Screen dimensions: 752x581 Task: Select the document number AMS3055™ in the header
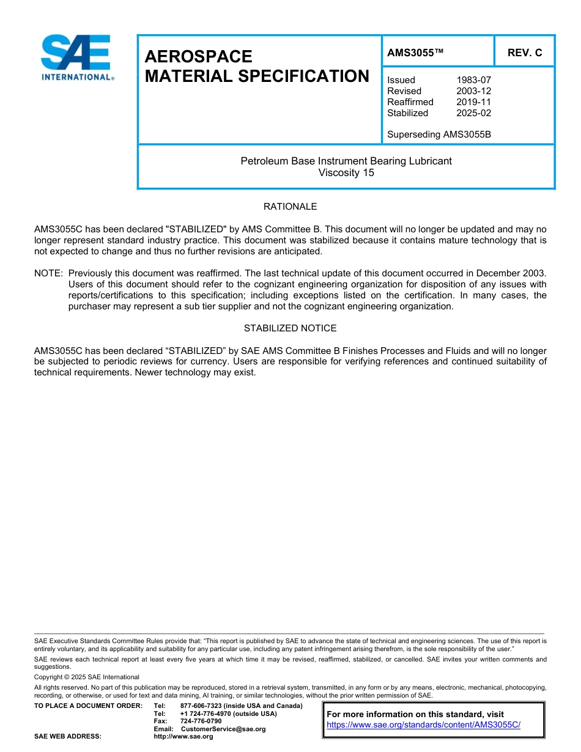[415, 53]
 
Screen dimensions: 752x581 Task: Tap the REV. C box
[524, 53]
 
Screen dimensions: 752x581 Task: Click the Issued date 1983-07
[473, 80]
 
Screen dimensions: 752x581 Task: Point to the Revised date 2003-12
[473, 91]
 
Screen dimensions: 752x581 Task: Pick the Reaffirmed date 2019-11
[473, 102]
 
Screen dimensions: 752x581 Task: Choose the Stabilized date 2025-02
[473, 113]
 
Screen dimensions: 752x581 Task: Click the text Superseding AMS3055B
[439, 135]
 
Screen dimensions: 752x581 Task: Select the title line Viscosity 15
[346, 172]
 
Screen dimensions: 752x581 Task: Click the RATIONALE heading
[290, 207]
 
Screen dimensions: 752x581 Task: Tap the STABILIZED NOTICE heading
[290, 328]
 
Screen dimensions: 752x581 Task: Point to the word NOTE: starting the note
[48, 273]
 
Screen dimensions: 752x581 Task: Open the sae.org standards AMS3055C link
[423, 724]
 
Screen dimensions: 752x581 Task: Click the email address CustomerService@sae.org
[223, 729]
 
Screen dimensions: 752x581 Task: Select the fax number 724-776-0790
[201, 721]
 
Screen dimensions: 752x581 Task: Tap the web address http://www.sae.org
[183, 737]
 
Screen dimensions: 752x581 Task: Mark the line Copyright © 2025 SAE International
[86, 677]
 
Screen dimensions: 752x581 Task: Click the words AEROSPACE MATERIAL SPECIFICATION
[257, 66]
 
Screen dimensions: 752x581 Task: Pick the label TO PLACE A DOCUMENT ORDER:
[88, 706]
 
